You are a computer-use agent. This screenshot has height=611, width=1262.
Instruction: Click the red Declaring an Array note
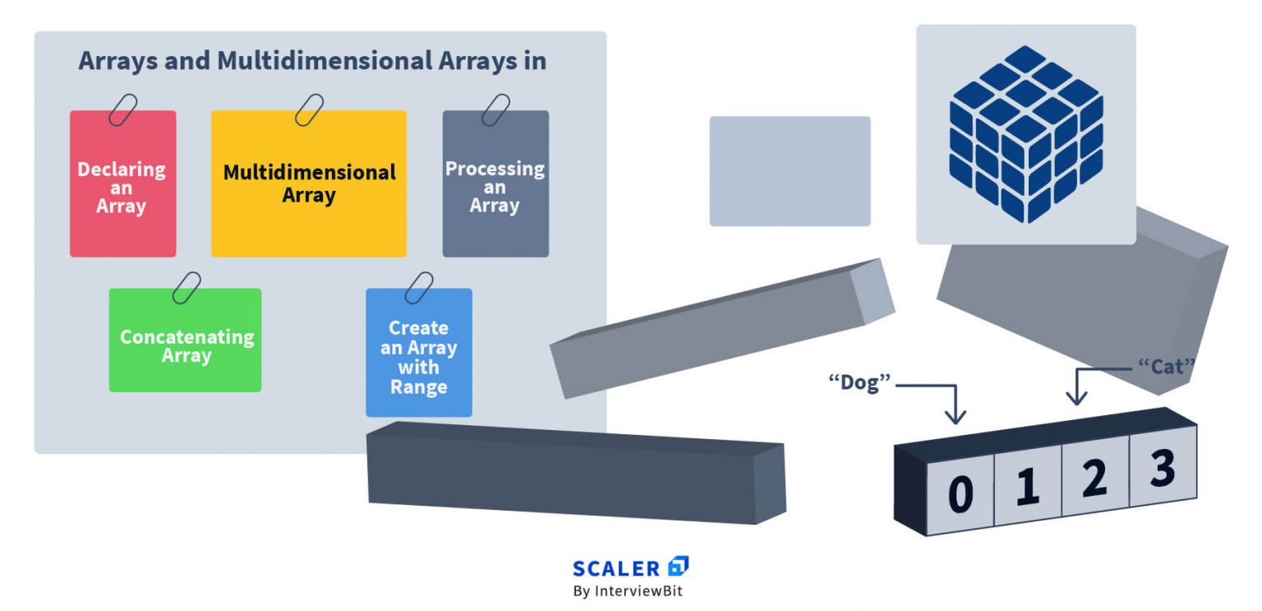pyautogui.click(x=122, y=183)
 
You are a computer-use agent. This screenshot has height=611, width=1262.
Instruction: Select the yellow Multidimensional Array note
pyautogui.click(x=309, y=183)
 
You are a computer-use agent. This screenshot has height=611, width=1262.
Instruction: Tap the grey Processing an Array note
pyautogui.click(x=495, y=183)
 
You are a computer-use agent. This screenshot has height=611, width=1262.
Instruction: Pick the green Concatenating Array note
pyautogui.click(x=186, y=340)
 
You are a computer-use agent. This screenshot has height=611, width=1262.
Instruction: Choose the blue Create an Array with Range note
pyautogui.click(x=419, y=353)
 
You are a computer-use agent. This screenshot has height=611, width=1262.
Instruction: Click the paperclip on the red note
pyautogui.click(x=122, y=110)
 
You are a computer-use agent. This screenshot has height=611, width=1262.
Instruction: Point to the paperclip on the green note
pyautogui.click(x=187, y=288)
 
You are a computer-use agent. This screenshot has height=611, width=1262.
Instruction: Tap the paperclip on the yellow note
pyautogui.click(x=309, y=110)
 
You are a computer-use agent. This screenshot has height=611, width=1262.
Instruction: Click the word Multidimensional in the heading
pyautogui.click(x=325, y=61)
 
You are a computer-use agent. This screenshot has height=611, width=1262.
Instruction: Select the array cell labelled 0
pyautogui.click(x=960, y=494)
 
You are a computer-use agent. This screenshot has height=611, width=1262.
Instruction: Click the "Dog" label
pyautogui.click(x=859, y=382)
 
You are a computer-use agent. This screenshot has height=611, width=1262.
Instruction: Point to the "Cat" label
pyautogui.click(x=1166, y=367)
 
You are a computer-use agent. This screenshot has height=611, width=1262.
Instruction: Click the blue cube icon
pyautogui.click(x=1026, y=134)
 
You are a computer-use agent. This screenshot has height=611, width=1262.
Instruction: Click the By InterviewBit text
pyautogui.click(x=628, y=591)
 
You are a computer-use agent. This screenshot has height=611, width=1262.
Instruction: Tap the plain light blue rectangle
pyautogui.click(x=790, y=171)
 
